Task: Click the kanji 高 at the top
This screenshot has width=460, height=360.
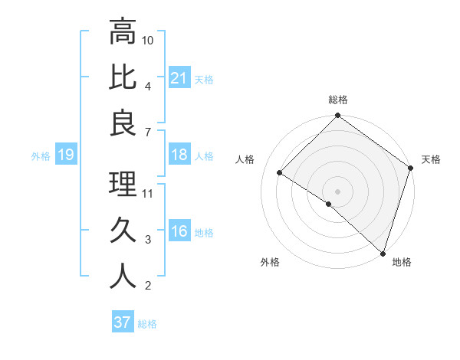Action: tap(123, 32)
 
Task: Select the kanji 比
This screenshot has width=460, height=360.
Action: tap(123, 77)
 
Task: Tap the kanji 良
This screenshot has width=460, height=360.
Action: tap(123, 123)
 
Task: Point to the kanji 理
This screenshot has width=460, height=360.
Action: tap(123, 185)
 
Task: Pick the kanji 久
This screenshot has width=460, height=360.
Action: tap(123, 230)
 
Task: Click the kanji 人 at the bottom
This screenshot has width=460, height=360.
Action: tap(123, 276)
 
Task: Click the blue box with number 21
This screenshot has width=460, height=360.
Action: tap(179, 78)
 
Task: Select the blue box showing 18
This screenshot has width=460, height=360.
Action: tap(179, 155)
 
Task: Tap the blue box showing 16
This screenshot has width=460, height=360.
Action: tap(179, 232)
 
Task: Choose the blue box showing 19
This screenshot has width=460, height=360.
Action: tap(65, 155)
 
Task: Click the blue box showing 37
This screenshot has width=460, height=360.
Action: tap(122, 322)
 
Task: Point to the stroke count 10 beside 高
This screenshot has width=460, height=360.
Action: tap(149, 39)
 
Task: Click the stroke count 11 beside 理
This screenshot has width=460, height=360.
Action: tap(149, 192)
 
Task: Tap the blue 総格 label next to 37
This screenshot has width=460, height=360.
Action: tap(147, 324)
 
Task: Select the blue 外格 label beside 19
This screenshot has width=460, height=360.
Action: tap(41, 156)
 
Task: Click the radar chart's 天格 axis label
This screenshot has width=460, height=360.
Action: tap(431, 159)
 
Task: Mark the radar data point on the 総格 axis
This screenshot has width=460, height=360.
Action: tap(337, 116)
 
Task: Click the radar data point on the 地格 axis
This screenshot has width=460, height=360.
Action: tap(382, 252)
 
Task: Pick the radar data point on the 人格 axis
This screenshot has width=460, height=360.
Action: tap(280, 173)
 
